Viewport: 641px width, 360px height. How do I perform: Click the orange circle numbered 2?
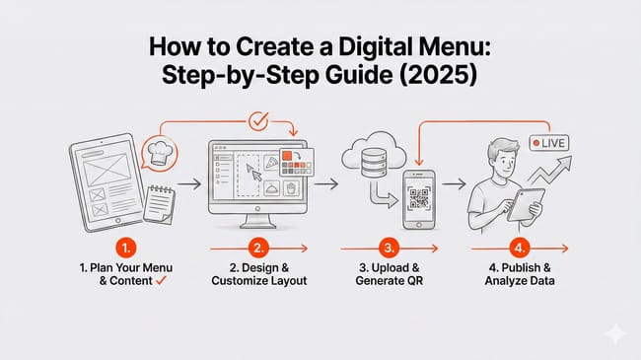[258, 250]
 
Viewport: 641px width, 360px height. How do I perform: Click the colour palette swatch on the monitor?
[292, 162]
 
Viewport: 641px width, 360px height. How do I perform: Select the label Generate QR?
[391, 281]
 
